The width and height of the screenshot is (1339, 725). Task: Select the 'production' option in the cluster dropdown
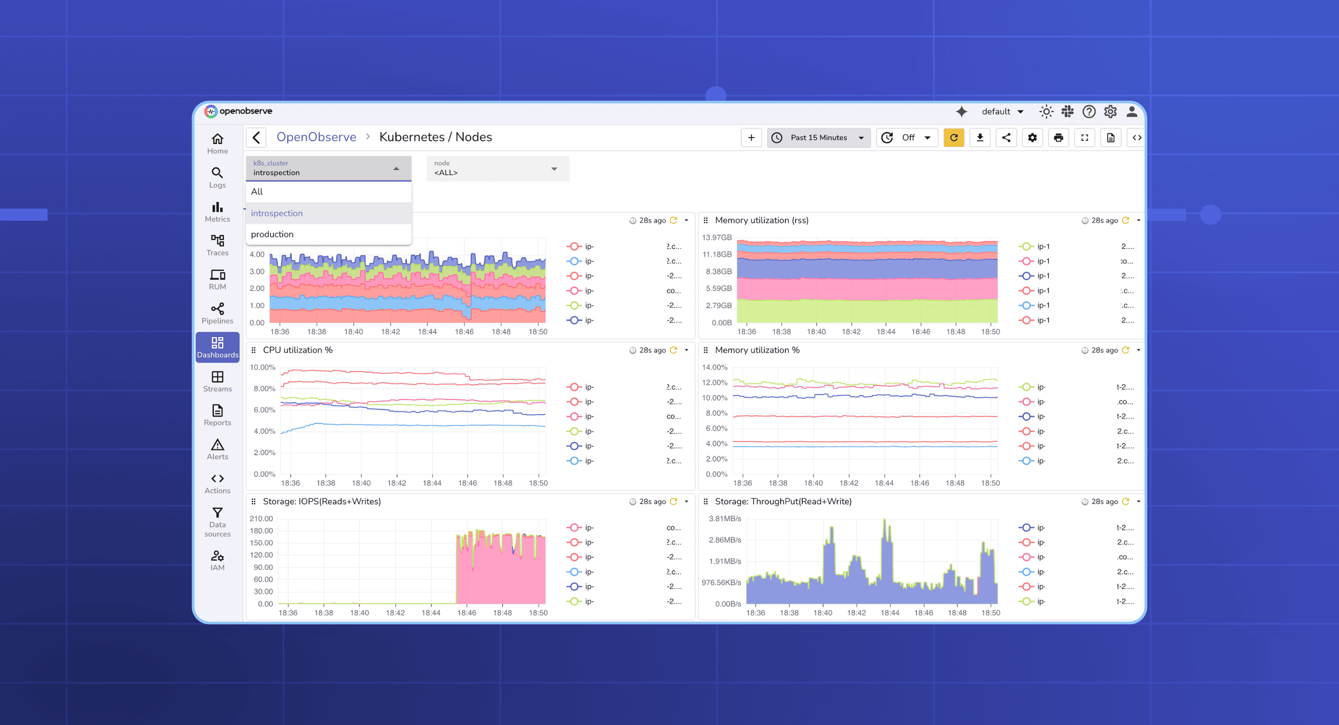[x=272, y=234]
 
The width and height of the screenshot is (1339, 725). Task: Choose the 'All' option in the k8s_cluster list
[x=257, y=191]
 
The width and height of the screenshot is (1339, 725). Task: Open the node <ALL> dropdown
[x=497, y=168]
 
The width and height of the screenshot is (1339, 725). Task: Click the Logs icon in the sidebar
[x=217, y=177]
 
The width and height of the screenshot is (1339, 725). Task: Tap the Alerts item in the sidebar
[x=217, y=449]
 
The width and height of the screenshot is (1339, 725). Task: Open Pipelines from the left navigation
[x=217, y=314]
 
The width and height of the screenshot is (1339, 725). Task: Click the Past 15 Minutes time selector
[x=819, y=138]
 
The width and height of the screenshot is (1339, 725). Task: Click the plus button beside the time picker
[x=751, y=138]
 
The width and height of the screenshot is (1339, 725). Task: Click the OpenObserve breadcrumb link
[x=316, y=137]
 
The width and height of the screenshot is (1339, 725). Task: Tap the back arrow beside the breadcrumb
[x=256, y=138]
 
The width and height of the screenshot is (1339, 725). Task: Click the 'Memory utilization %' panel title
[x=757, y=350]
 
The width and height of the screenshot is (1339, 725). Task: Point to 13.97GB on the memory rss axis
[x=716, y=238]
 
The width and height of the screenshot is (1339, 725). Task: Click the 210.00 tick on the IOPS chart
[x=261, y=518]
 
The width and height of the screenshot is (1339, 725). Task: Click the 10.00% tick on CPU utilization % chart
[x=262, y=367]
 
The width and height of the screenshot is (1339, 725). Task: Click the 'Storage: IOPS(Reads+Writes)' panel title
[x=322, y=501]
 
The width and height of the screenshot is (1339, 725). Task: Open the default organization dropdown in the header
[x=1002, y=111]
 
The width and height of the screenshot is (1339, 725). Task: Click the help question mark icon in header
[x=1088, y=111]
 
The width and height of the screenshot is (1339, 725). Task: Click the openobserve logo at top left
[x=239, y=111]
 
